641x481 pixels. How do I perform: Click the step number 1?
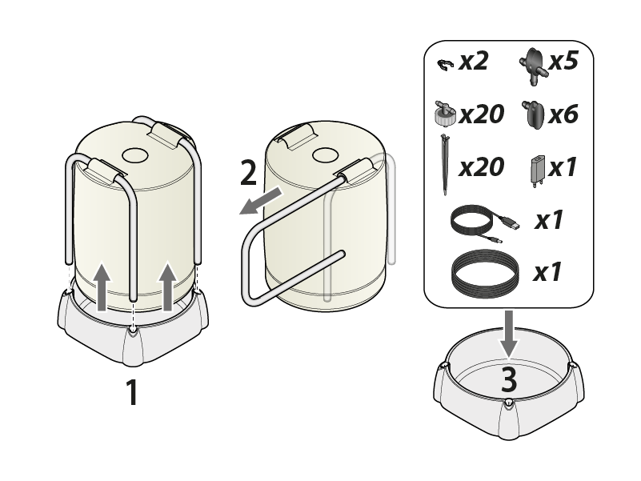pos(131,392)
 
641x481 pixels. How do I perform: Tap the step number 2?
pos(248,173)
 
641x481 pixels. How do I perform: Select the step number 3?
pos(509,379)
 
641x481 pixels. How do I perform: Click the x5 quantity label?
pos(563,62)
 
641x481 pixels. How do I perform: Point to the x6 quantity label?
pos(563,114)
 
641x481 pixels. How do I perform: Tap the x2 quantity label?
pos(474,62)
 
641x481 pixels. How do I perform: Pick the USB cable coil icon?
pos(485,223)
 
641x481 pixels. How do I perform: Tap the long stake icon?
pos(444,164)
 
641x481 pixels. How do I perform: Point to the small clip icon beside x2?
pos(445,65)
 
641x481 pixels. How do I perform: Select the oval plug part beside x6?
pos(533,114)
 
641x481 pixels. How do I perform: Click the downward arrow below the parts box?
pos(509,334)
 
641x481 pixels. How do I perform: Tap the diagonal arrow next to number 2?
pos(260,201)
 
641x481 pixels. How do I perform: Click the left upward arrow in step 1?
pos(102,287)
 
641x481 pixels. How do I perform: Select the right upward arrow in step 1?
pos(167,287)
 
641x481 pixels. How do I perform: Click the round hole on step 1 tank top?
pos(135,155)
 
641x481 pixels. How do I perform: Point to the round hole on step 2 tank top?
pos(326,155)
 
